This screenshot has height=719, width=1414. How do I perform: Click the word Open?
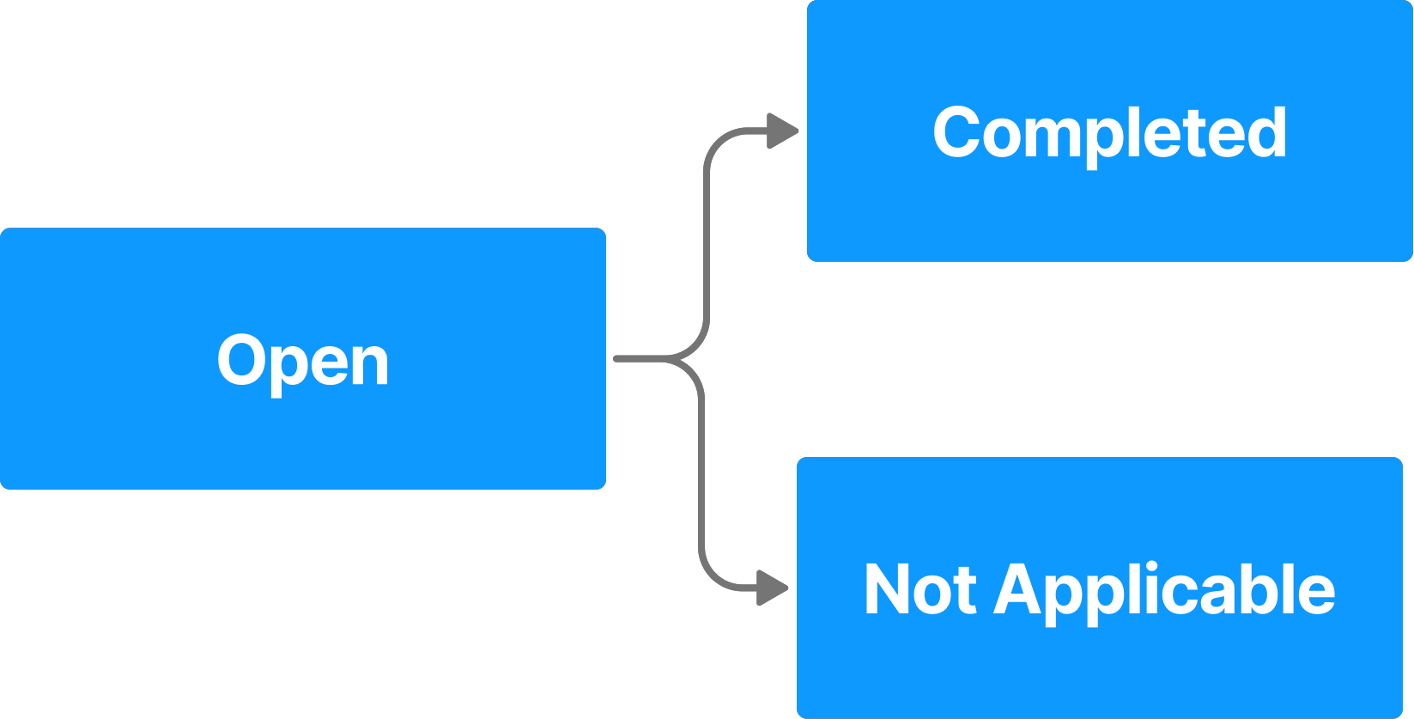pos(303,362)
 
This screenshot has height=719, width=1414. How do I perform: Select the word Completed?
pos(1109,133)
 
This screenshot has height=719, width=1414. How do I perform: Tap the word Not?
pos(919,590)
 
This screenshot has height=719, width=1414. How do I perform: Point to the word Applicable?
pos(1164,591)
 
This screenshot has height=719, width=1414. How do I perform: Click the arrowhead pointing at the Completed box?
pos(782,131)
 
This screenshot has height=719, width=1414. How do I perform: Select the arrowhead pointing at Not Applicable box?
pos(772,588)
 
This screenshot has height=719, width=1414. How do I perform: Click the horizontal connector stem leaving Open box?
pos(640,358)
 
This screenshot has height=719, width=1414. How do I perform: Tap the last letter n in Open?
pos(371,365)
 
